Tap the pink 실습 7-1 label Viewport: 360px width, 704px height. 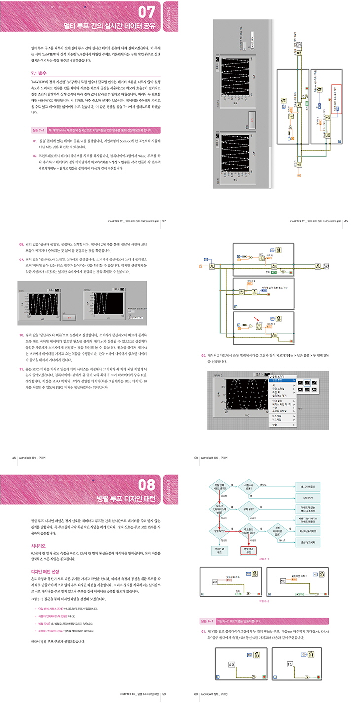38,130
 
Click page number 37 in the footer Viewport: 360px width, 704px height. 164,221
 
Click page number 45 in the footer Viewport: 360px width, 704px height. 346,221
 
